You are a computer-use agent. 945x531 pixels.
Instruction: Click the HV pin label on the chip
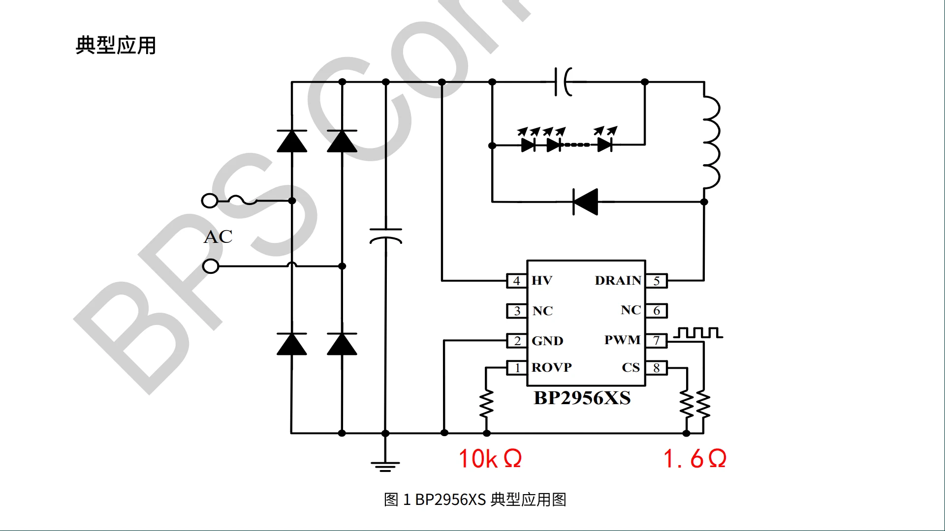tap(542, 281)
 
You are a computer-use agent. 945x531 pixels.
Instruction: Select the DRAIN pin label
tap(618, 281)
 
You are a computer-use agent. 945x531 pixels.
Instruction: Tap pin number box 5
tap(657, 281)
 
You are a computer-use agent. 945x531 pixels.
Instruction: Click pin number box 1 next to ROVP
tap(517, 368)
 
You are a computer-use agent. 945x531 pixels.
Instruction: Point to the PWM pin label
tap(622, 340)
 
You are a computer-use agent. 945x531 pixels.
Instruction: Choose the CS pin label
tap(630, 368)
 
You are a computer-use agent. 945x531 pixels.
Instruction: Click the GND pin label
tap(547, 341)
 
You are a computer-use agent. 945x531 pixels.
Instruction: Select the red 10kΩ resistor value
tap(490, 459)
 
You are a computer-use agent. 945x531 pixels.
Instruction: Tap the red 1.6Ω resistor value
tap(694, 459)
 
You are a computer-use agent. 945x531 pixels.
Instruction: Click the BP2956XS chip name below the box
tap(582, 398)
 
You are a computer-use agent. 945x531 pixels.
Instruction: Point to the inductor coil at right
tap(711, 143)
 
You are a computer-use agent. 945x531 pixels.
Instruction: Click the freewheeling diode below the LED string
tap(586, 202)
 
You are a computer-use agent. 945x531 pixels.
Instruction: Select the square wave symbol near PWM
tap(698, 333)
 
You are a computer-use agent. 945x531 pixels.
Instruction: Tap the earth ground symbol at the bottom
tap(385, 466)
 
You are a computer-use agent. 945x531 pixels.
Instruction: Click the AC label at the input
tap(218, 237)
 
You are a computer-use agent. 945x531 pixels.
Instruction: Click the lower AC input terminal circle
tap(211, 266)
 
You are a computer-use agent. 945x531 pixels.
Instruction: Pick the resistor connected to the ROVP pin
tap(486, 404)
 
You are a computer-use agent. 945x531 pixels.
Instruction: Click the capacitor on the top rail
tap(563, 82)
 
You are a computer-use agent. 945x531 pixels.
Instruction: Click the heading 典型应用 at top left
tap(116, 45)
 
